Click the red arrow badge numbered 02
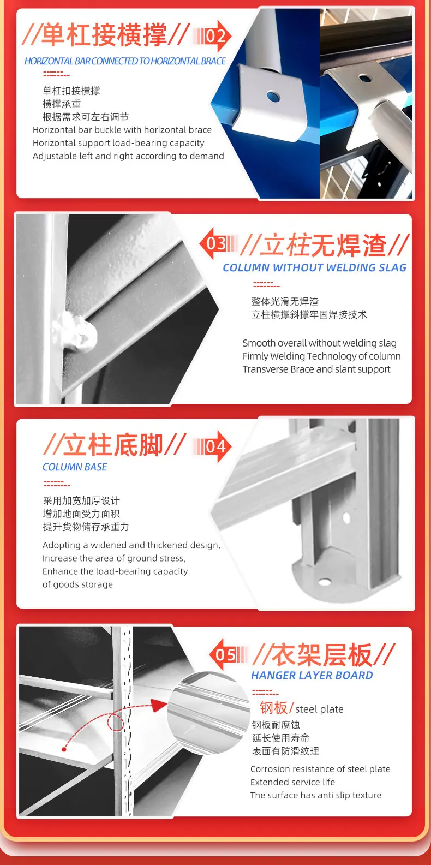click(x=212, y=36)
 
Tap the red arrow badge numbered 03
click(x=218, y=243)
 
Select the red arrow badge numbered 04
click(x=212, y=446)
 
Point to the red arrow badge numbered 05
click(x=228, y=654)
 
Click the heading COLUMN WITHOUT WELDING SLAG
click(x=314, y=267)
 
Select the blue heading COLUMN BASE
click(x=75, y=467)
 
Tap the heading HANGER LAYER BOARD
click(x=312, y=675)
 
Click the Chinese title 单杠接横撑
click(x=104, y=35)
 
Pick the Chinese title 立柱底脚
click(x=113, y=445)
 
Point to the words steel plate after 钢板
click(x=319, y=709)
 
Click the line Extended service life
click(x=292, y=782)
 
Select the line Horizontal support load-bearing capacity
click(x=118, y=143)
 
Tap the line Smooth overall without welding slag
click(x=319, y=343)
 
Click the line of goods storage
click(x=77, y=584)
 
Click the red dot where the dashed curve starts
click(x=64, y=750)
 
